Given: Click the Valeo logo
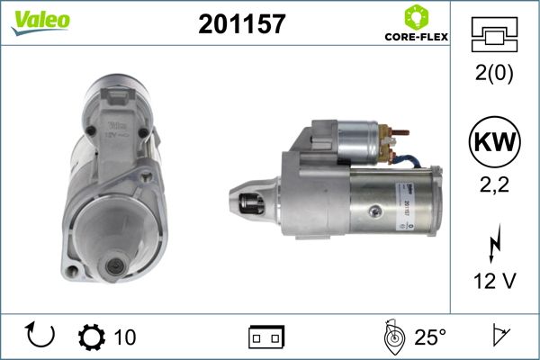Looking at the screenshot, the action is [40, 22].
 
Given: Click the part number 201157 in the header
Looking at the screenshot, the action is [242, 23].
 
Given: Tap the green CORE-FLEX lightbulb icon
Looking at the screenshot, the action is [417, 17].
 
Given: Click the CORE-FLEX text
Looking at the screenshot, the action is [417, 37].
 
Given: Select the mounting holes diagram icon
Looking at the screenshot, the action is [494, 34].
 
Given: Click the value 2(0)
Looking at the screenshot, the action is [494, 73].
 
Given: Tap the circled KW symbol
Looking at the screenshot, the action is [494, 141].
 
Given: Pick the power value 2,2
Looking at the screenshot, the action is [494, 185].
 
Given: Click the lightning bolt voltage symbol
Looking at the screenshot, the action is [494, 243].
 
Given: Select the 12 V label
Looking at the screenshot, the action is [494, 281].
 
